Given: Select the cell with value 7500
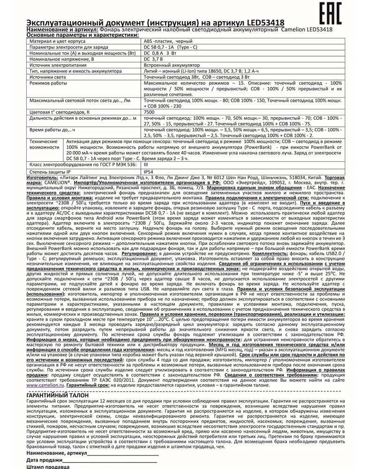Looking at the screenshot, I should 149,113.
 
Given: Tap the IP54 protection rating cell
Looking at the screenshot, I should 148,173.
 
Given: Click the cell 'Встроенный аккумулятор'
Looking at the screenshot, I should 172,66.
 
